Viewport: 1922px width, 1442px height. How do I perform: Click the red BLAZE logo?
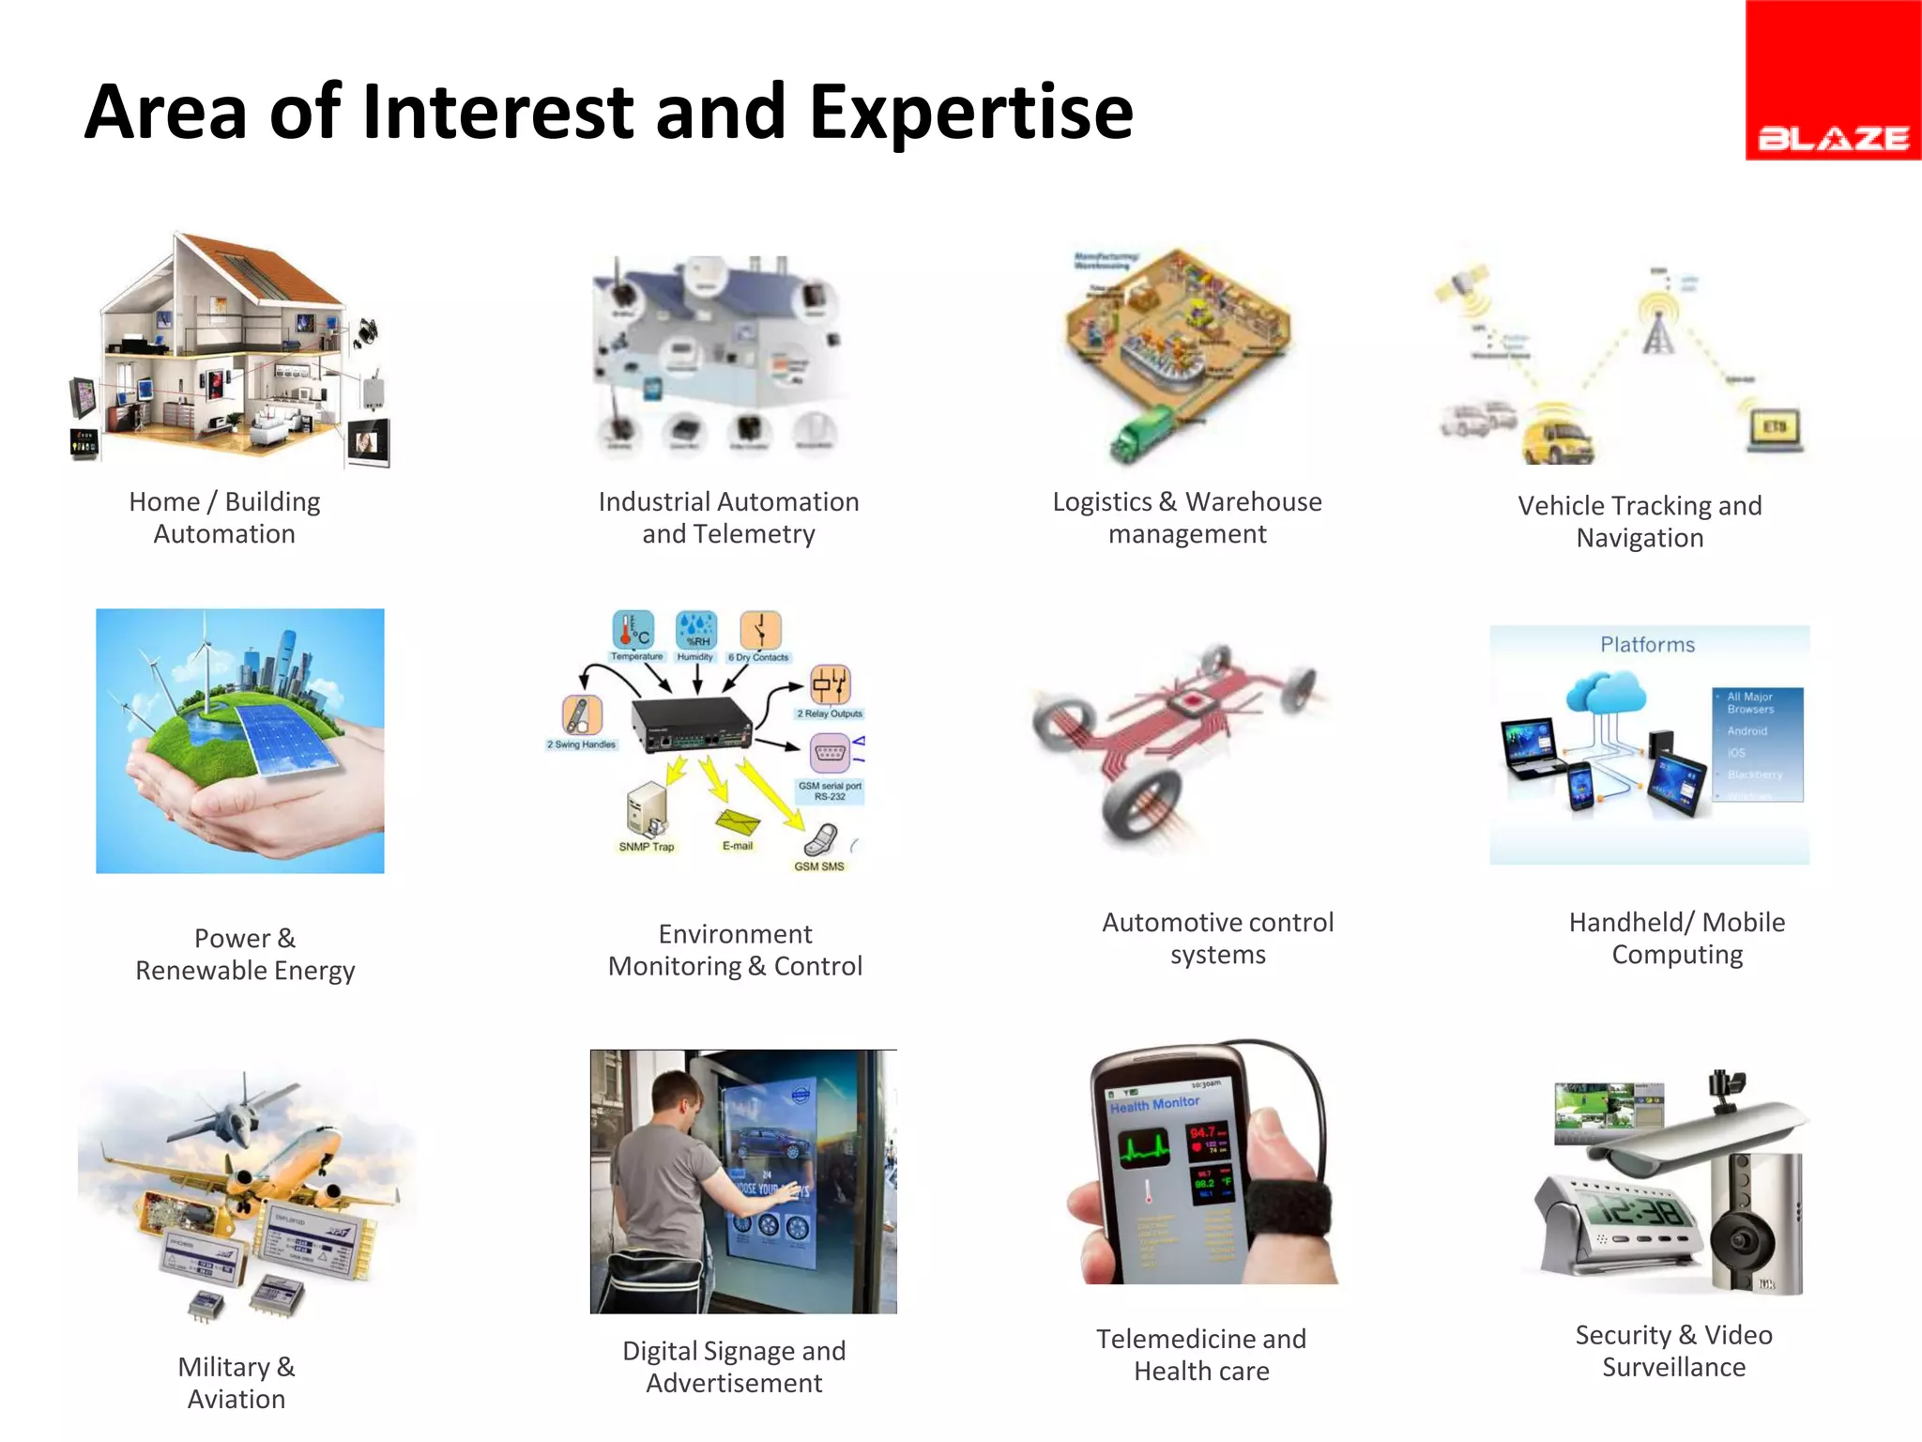click(x=1832, y=81)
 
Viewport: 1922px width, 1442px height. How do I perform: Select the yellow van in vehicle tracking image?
click(x=1558, y=436)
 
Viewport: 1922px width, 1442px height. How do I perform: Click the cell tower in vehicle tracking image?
click(x=1658, y=325)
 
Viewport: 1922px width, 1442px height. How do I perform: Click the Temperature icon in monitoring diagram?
click(x=633, y=630)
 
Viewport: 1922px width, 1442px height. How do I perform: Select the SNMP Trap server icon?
click(x=647, y=809)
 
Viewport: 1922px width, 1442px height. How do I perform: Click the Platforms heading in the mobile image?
click(x=1647, y=645)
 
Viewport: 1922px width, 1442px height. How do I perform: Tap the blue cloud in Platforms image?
click(x=1606, y=694)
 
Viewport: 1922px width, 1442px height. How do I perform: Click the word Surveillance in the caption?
click(x=1673, y=1368)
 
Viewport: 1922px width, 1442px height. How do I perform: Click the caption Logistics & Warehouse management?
click(x=1187, y=517)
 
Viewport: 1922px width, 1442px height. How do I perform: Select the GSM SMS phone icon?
click(x=821, y=840)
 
